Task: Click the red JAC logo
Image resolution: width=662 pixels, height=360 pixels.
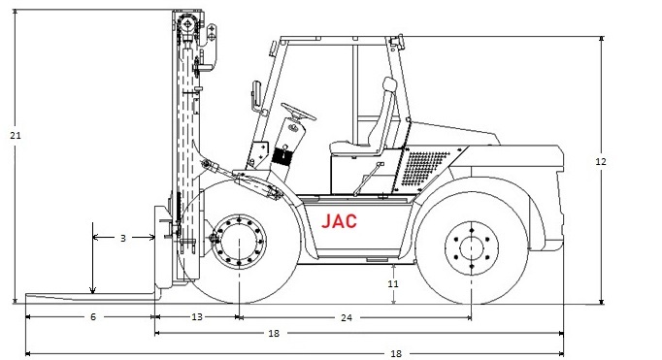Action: tap(339, 220)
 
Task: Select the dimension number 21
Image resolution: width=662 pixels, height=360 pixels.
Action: tap(16, 136)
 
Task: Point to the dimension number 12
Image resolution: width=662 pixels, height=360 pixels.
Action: tap(601, 161)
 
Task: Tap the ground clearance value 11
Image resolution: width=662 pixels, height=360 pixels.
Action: tap(393, 283)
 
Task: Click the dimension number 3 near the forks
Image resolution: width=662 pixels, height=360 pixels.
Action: tap(123, 238)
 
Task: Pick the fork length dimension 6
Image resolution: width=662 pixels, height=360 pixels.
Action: tap(93, 316)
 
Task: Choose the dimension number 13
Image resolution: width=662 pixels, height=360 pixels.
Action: tap(197, 316)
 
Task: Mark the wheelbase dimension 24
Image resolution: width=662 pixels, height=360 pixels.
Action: tap(347, 317)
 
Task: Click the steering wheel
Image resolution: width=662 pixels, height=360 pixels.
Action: tap(299, 111)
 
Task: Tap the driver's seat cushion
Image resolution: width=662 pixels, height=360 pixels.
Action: tap(352, 147)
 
